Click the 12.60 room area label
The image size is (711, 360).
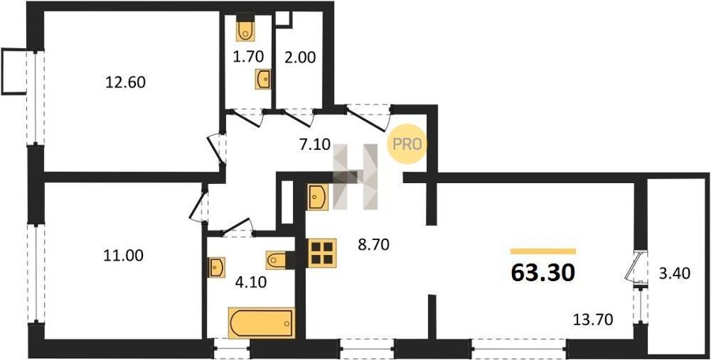tap(125, 83)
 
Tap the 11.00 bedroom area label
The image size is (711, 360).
tap(124, 256)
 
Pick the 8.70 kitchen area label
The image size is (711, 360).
tap(374, 246)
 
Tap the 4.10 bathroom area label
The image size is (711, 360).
tap(251, 283)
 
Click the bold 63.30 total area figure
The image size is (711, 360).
tap(543, 273)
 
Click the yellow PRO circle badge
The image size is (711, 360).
tap(407, 144)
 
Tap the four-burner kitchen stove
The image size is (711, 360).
tap(322, 253)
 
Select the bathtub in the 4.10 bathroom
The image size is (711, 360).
tap(261, 323)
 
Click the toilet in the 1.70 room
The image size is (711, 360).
tap(246, 30)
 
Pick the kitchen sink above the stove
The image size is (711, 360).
tap(318, 197)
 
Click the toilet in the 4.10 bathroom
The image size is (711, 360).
tap(276, 260)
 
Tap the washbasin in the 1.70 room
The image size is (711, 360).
tap(263, 79)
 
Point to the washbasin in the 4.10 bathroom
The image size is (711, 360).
tap(216, 268)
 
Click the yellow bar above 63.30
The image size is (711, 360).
tap(543, 251)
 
